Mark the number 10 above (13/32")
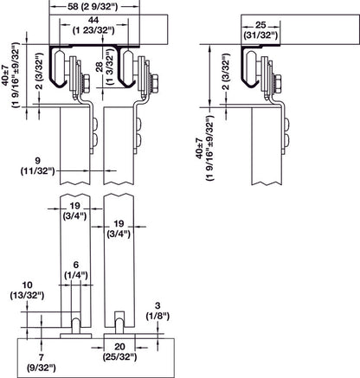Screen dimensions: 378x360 tap(29, 284)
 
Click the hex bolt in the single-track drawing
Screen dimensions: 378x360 tap(280, 83)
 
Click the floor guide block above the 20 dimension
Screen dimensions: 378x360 tap(118, 333)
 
